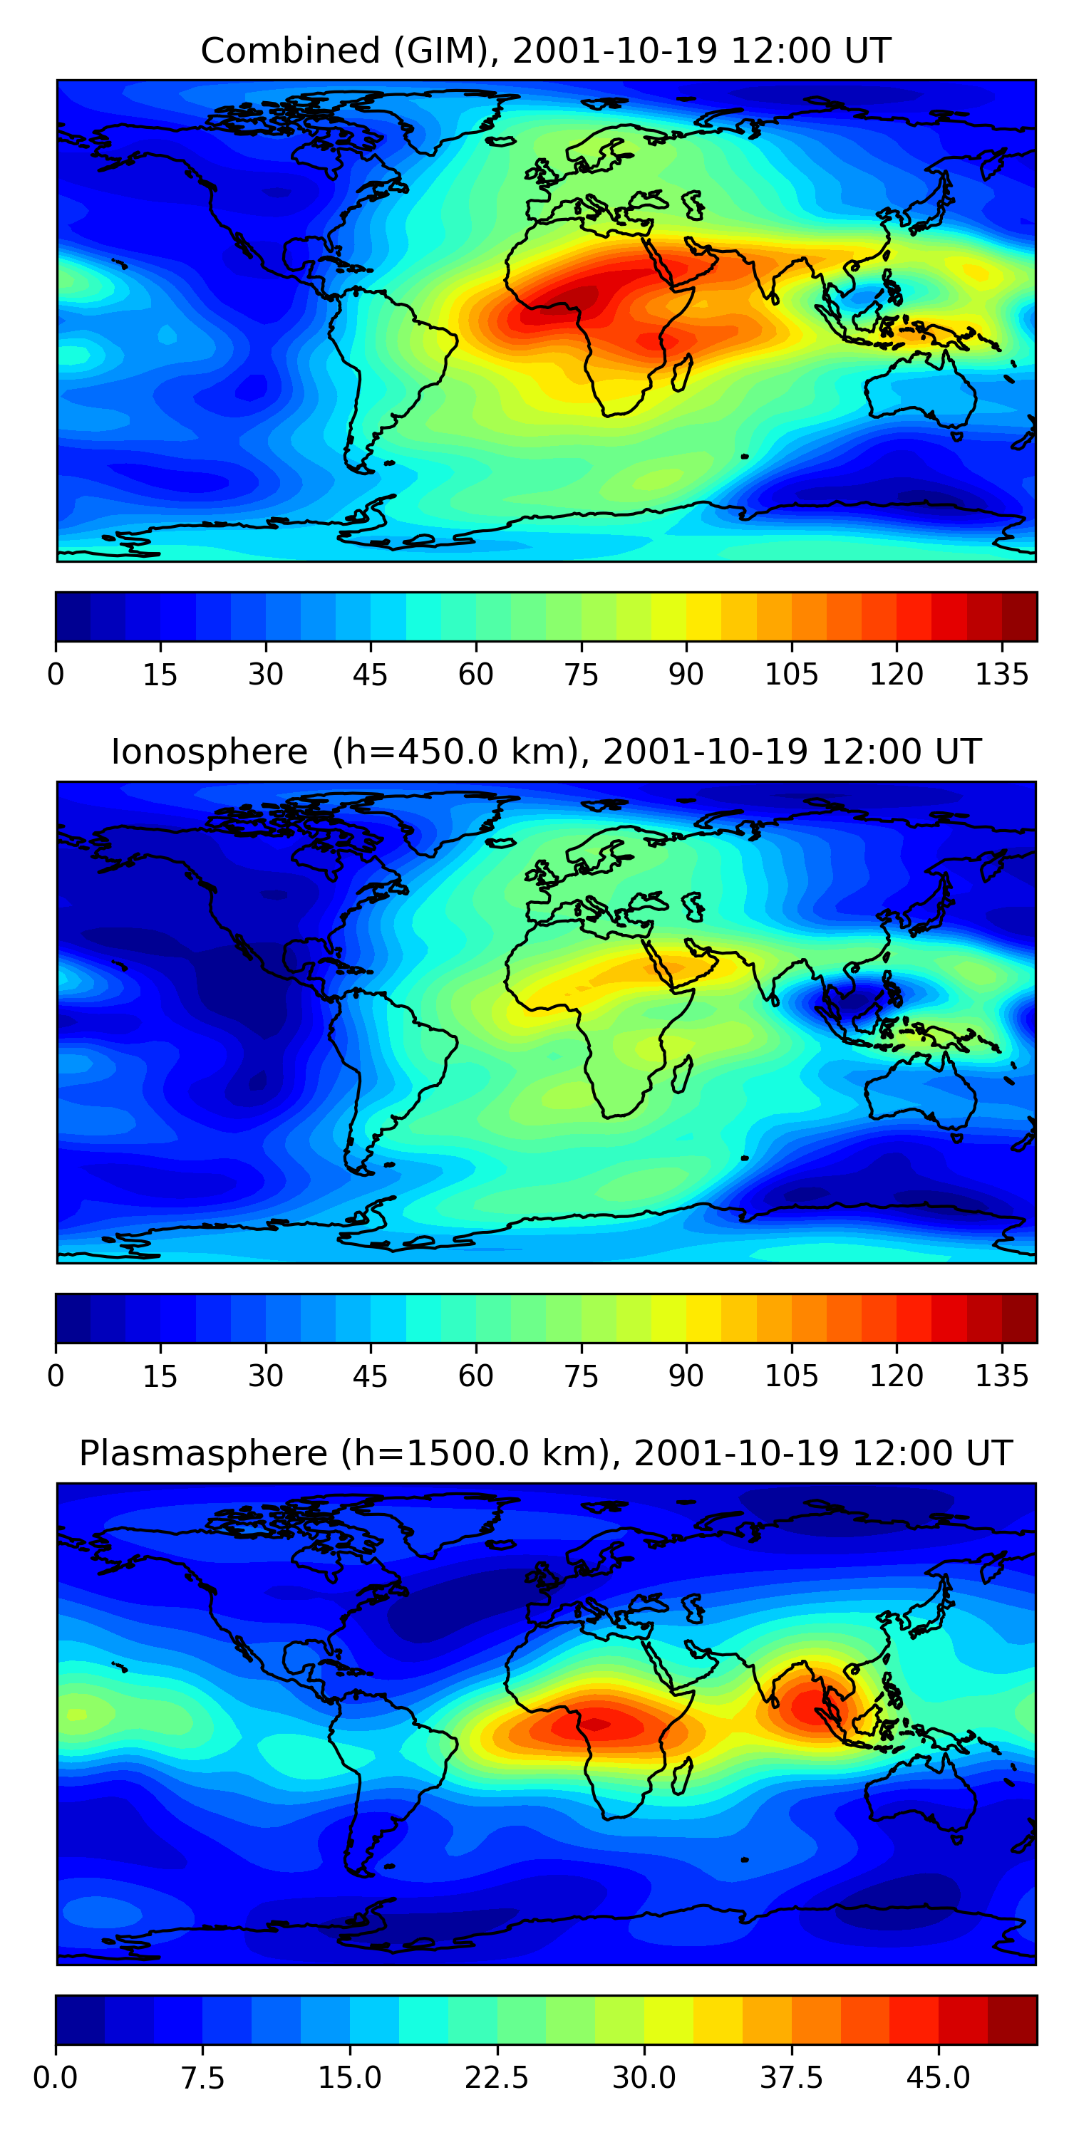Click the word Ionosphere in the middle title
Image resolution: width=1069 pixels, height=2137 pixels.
coord(209,752)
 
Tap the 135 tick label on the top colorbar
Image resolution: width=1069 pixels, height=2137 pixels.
coord(1002,675)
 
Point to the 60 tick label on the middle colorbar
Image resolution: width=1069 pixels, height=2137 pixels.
coord(475,1376)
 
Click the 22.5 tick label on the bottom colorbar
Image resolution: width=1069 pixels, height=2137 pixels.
coord(496,2077)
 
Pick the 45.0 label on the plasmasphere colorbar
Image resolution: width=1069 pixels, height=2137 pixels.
coord(938,2077)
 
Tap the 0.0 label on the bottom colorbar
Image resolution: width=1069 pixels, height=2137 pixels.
coord(56,2077)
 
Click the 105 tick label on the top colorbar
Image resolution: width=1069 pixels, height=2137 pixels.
coord(791,675)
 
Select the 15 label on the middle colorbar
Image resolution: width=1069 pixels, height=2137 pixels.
coord(160,1376)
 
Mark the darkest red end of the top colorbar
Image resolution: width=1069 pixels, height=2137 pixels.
coord(1019,616)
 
